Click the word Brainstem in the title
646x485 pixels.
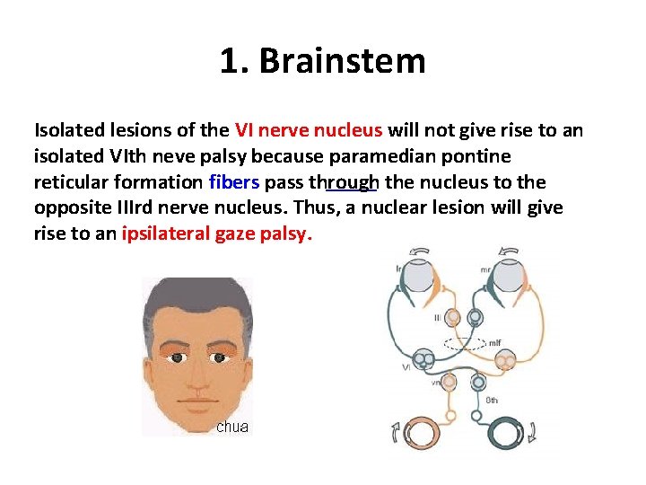(344, 61)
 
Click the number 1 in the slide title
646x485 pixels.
(229, 61)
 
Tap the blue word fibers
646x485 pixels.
(234, 182)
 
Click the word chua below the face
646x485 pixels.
(232, 427)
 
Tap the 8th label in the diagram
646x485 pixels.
(492, 400)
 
